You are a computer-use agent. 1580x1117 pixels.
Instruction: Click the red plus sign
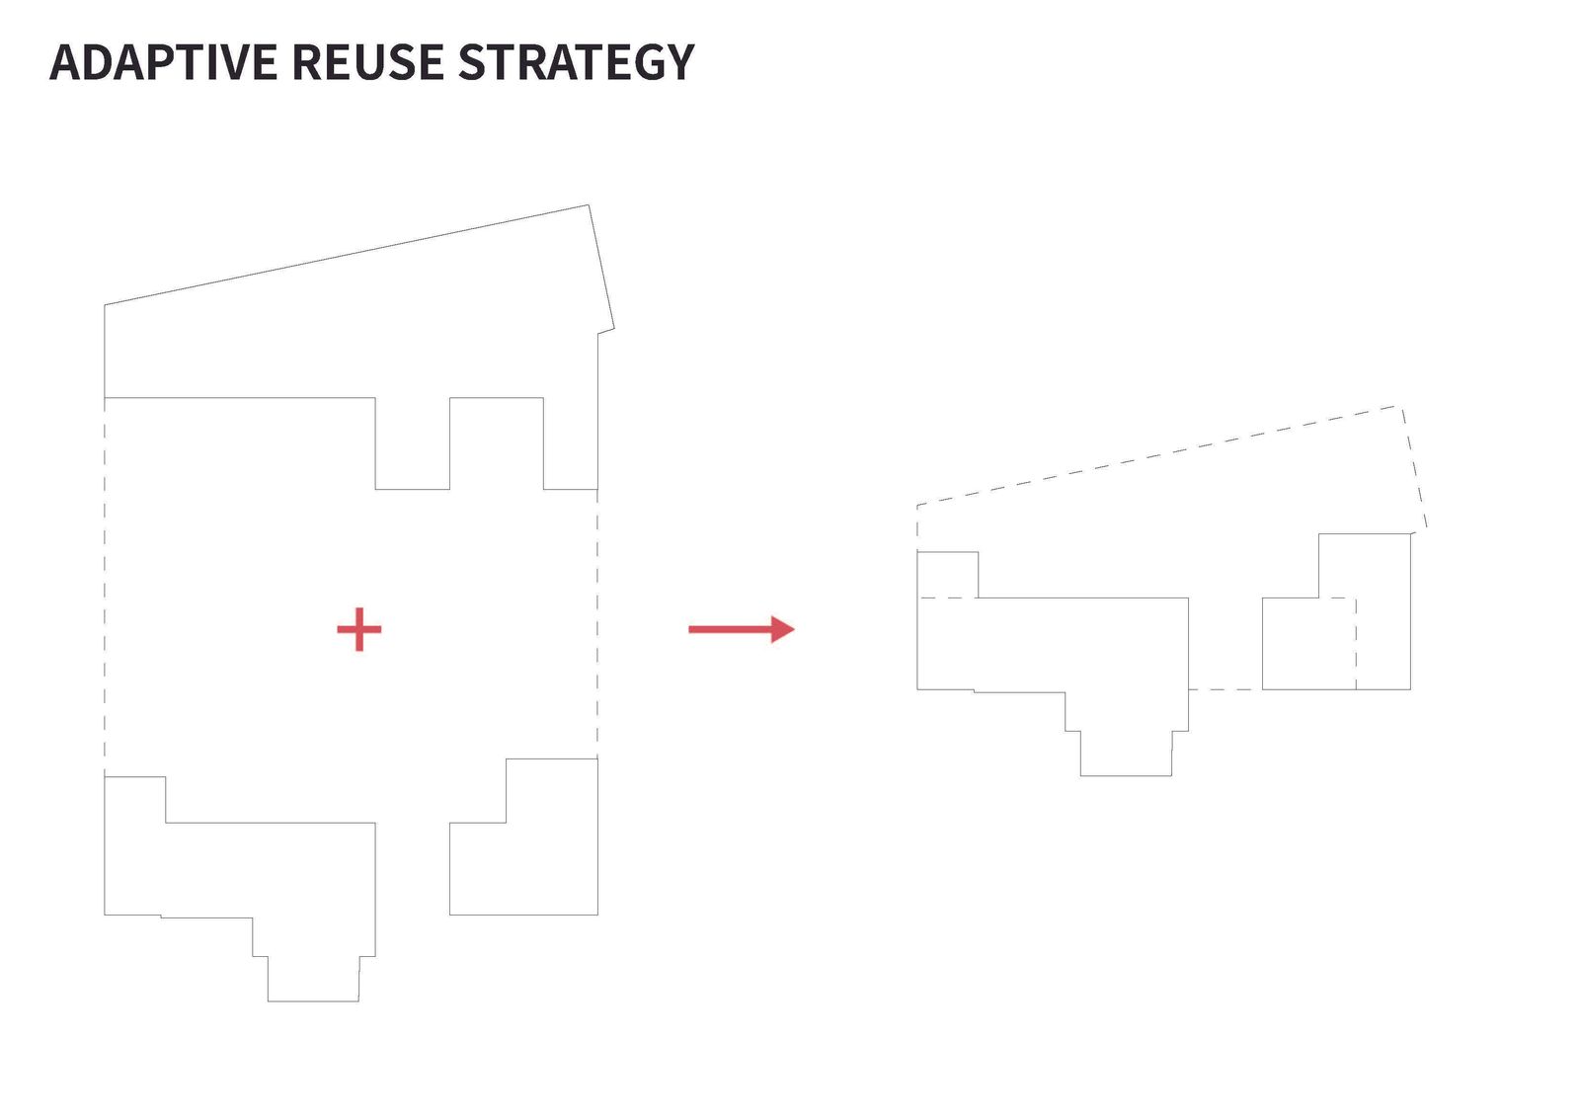tap(359, 629)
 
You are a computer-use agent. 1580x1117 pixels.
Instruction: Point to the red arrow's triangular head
tap(782, 629)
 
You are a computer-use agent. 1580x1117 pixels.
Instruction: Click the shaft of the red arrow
tap(730, 629)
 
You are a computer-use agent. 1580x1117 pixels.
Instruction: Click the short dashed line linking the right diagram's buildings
tap(1225, 689)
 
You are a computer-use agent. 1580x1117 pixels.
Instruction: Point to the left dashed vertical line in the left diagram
tap(105, 587)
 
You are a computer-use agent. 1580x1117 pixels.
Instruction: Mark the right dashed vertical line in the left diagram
tap(597, 624)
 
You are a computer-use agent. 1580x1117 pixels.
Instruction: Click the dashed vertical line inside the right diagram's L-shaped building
tap(1356, 644)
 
